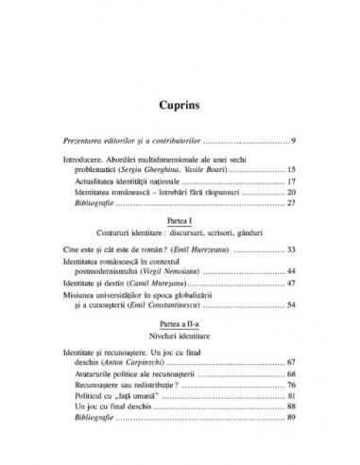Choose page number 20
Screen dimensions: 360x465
(x=293, y=196)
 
